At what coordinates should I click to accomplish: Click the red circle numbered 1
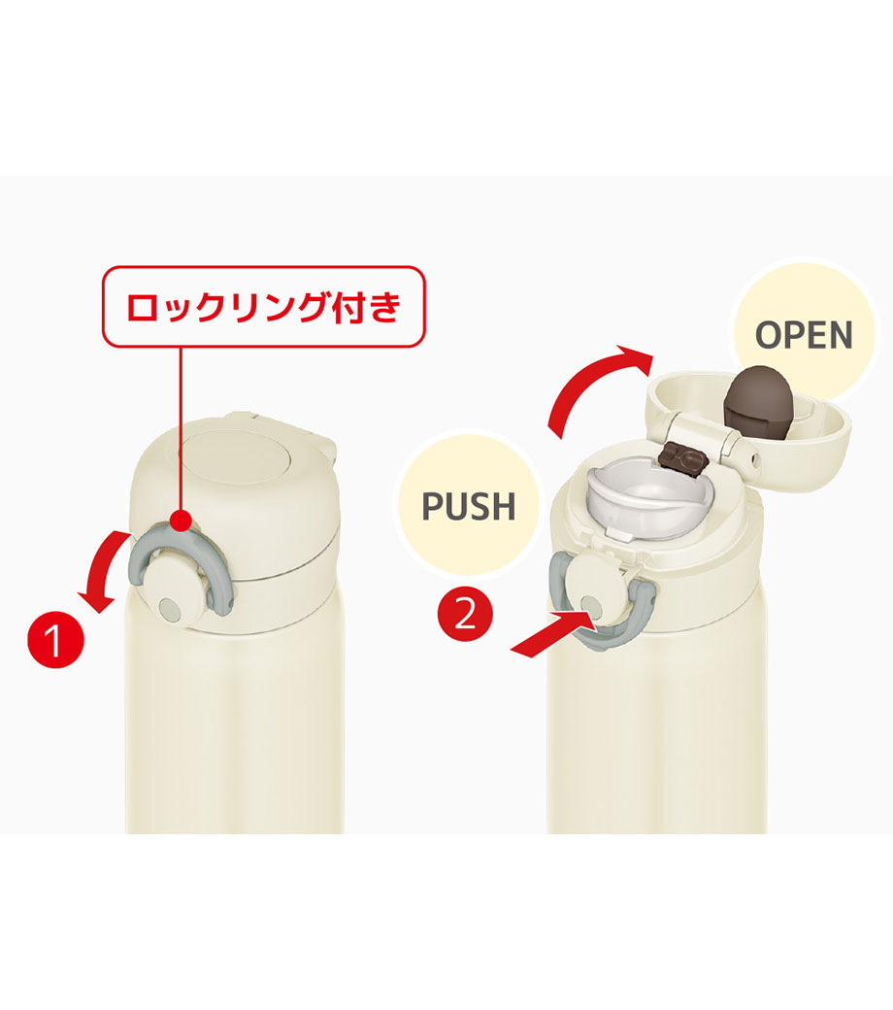point(55,639)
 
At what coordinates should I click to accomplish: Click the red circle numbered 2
point(466,615)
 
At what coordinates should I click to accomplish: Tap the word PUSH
point(469,506)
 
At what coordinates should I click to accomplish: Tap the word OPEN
point(804,335)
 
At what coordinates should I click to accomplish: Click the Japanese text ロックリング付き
point(263,307)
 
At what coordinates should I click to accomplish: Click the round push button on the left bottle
point(171,591)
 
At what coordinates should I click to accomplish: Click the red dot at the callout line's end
point(181,520)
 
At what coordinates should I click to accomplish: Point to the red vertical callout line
point(181,428)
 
